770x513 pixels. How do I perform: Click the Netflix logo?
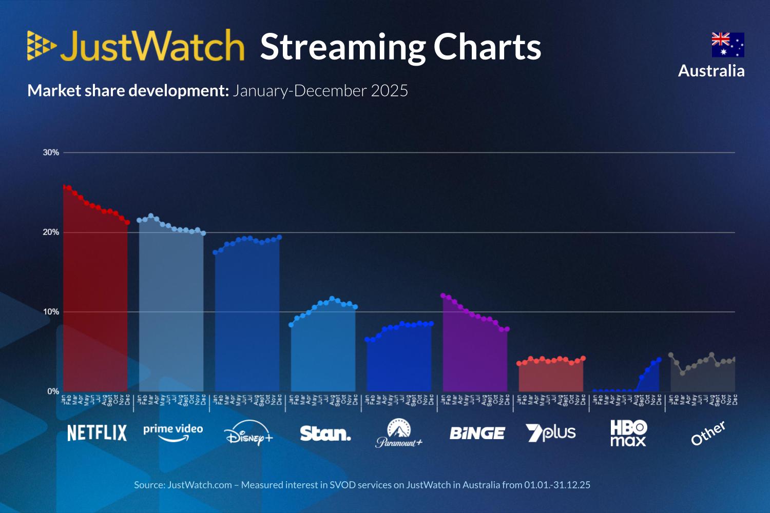[97, 433]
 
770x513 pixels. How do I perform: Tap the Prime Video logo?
[173, 432]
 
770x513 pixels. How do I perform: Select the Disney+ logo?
[248, 433]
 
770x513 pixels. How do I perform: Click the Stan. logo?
[325, 434]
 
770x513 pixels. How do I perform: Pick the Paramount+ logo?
[399, 433]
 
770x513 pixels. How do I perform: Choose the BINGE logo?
[477, 433]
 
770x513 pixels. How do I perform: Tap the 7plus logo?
[551, 433]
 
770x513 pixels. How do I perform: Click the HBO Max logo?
[628, 433]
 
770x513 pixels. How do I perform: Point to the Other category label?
[708, 433]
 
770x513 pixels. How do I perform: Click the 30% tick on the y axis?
[51, 152]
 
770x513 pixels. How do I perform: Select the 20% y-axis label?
[51, 232]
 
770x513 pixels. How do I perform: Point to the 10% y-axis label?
[51, 312]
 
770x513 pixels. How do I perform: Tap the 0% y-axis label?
[53, 391]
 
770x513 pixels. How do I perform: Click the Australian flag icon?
[727, 45]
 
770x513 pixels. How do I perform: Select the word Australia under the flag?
[711, 71]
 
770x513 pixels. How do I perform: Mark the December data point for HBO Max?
[659, 360]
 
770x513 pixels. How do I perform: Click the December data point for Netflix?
[127, 222]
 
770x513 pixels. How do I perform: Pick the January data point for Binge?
[443, 295]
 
